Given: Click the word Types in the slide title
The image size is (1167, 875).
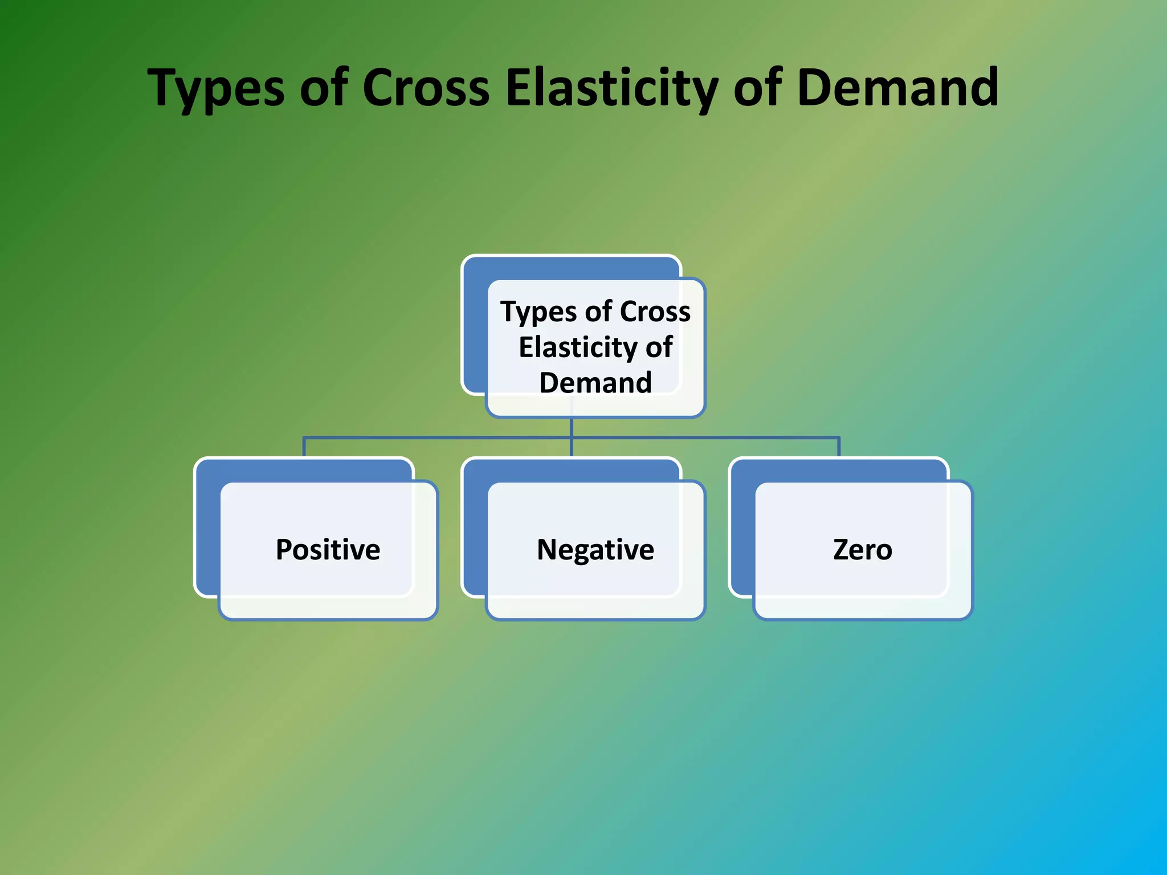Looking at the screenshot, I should click(216, 88).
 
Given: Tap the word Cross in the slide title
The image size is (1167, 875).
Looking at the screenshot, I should click(426, 88).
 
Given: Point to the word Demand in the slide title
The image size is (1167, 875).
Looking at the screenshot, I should click(897, 88).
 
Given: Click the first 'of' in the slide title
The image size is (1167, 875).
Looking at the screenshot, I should click(324, 88).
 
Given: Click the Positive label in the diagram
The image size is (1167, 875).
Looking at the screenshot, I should click(328, 550).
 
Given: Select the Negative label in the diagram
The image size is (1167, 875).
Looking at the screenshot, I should click(595, 550).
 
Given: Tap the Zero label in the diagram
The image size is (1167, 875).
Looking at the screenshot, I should click(863, 550).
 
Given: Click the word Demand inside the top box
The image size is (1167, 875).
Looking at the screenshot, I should click(595, 382).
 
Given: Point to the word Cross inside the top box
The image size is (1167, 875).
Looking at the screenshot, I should click(655, 312).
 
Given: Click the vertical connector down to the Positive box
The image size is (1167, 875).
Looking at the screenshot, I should click(304, 447).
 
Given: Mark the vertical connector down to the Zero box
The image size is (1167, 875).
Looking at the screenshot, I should click(839, 447).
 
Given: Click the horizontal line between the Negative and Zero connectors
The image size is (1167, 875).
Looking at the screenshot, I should click(707, 437).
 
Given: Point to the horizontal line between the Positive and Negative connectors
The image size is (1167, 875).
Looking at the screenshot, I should click(439, 437).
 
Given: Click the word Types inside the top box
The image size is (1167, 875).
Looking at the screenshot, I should click(538, 312).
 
